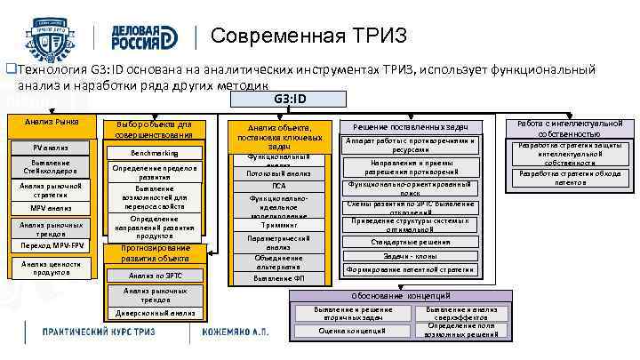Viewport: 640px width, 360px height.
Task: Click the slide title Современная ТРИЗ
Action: [x=309, y=36]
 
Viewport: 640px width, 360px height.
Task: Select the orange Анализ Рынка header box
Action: [x=52, y=122]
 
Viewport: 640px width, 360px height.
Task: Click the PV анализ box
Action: [x=52, y=147]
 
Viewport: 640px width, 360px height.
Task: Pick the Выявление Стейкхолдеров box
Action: [x=52, y=166]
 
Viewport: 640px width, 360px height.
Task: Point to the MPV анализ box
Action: [x=52, y=208]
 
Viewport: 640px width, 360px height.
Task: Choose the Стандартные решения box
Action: [x=411, y=242]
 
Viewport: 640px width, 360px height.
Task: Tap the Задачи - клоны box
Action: [x=411, y=255]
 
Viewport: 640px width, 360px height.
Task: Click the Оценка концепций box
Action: [x=353, y=331]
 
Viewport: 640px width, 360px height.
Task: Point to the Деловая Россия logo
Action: [x=148, y=36]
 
